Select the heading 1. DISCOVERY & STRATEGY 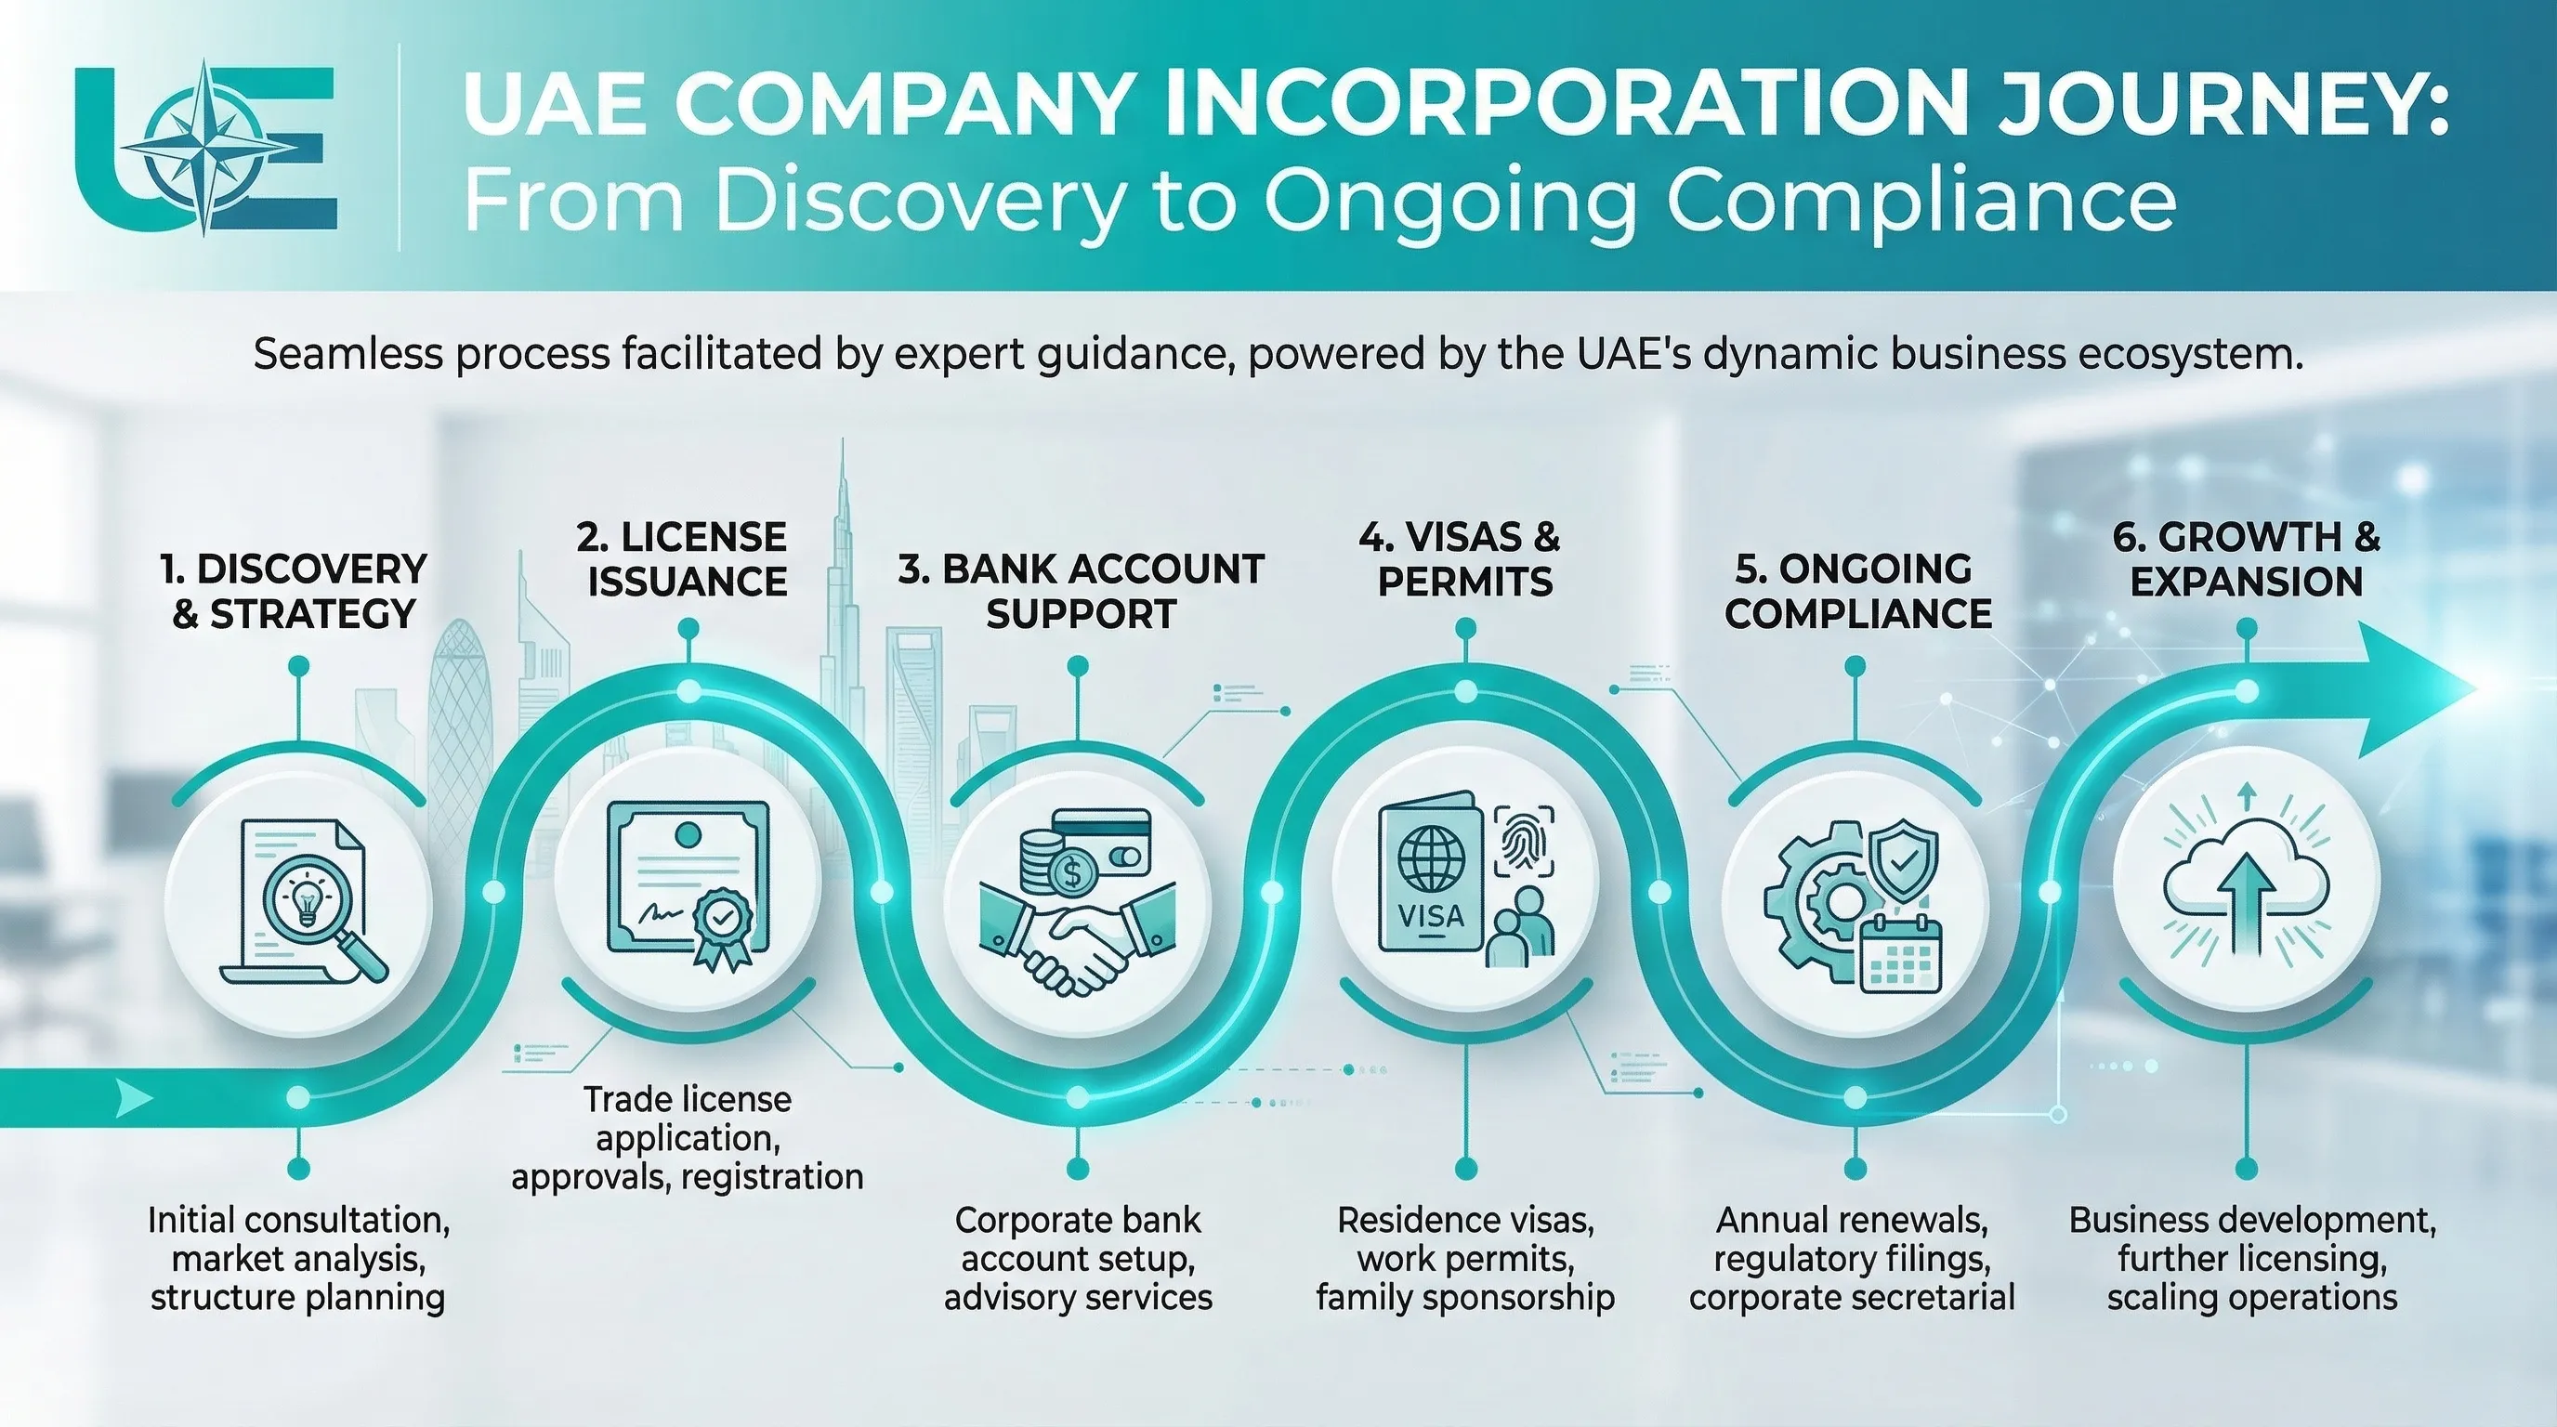pos(294,592)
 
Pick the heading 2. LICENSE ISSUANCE pos(686,559)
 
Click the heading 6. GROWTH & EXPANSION pos(2247,559)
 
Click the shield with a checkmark pos(1903,859)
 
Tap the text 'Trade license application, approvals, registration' pos(687,1137)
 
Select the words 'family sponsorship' pos(1465,1297)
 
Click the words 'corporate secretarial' pos(1852,1297)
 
